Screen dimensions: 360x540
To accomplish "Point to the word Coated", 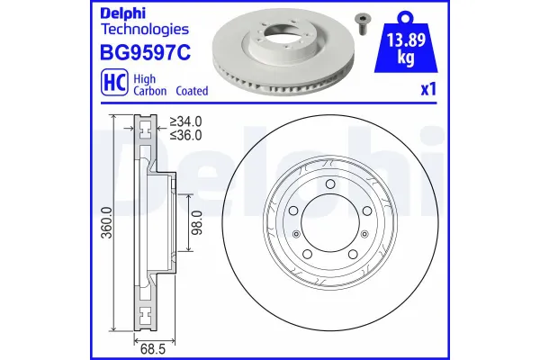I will [x=192, y=91].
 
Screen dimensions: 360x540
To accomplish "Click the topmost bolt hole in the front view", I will [x=330, y=185].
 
